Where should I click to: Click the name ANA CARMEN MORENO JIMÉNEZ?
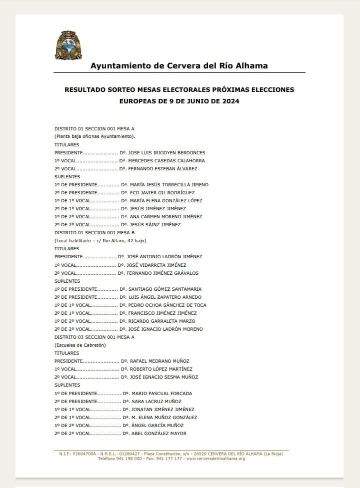click(x=165, y=217)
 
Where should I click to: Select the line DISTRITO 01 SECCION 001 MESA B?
click(x=94, y=233)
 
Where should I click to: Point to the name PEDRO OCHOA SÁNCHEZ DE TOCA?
click(x=167, y=305)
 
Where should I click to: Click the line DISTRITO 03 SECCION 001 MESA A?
click(x=94, y=337)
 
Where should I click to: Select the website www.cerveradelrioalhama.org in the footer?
click(x=215, y=459)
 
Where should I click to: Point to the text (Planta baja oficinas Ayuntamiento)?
click(x=95, y=136)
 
